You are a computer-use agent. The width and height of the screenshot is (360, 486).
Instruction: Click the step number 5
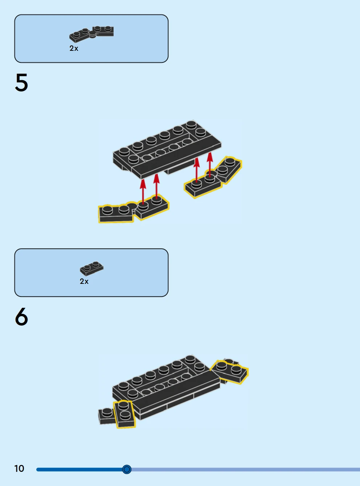[x=21, y=82]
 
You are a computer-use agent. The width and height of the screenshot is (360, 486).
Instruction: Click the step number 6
[x=21, y=316]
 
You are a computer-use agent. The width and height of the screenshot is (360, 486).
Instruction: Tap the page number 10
[x=19, y=469]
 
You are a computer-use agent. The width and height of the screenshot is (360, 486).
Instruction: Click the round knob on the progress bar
[x=127, y=469]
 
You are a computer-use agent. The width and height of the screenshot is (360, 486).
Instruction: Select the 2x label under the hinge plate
[x=74, y=48]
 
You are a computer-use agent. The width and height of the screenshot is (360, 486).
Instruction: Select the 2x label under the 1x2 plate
[x=84, y=281]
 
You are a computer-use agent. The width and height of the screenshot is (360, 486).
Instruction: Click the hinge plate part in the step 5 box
[x=91, y=34]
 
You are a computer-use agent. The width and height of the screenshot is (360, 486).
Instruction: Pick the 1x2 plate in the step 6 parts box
[x=91, y=269]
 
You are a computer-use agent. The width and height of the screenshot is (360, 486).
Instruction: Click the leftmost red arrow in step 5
[x=143, y=192]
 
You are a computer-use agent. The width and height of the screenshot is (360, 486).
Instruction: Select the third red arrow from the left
[x=197, y=170]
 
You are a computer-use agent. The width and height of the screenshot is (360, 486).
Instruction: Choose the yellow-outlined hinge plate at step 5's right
[x=213, y=178]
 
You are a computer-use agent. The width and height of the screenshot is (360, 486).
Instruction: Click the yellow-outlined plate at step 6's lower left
[x=124, y=414]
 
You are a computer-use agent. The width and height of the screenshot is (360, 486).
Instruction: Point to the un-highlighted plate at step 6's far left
[x=106, y=416]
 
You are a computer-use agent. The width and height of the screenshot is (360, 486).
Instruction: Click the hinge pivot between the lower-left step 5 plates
[x=132, y=207]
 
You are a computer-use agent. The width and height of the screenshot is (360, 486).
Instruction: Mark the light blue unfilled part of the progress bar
[x=246, y=470]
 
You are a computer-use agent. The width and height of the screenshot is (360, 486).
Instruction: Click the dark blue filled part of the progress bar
[x=79, y=470]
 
